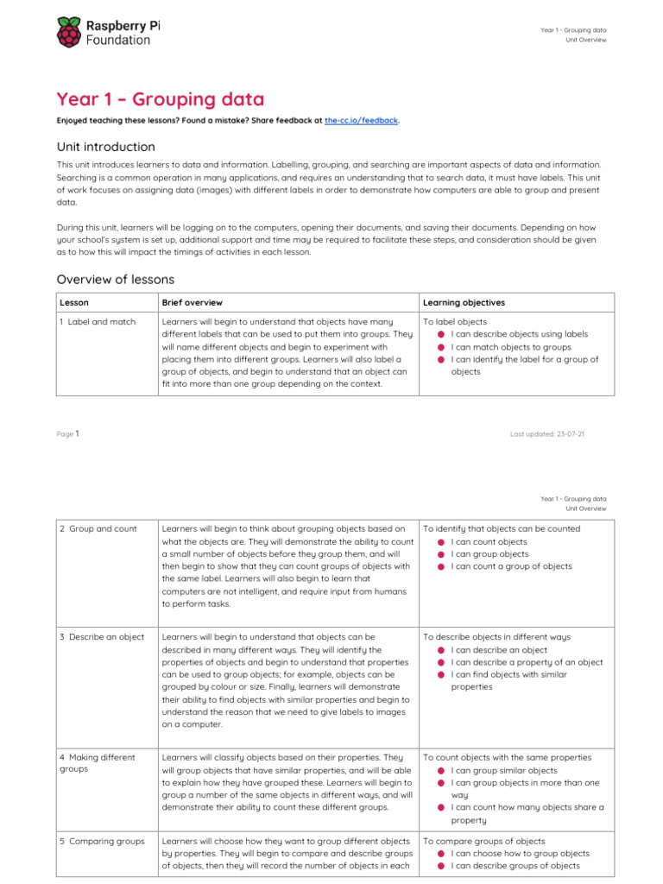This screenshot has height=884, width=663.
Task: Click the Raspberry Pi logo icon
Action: pyautogui.click(x=69, y=33)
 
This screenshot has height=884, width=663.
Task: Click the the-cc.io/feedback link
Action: pyautogui.click(x=361, y=121)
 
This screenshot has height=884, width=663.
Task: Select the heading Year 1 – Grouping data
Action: pyautogui.click(x=161, y=99)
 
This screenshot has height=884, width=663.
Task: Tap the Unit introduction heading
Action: pyautogui.click(x=105, y=147)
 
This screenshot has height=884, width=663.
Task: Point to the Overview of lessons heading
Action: pyautogui.click(x=115, y=279)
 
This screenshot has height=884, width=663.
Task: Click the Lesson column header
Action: pyautogui.click(x=73, y=303)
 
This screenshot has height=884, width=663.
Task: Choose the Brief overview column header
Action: pyautogui.click(x=192, y=303)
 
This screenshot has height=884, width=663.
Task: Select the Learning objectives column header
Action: pyautogui.click(x=464, y=303)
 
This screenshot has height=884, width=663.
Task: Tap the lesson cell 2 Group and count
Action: pyautogui.click(x=98, y=528)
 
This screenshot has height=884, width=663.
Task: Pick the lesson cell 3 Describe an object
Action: pyautogui.click(x=102, y=637)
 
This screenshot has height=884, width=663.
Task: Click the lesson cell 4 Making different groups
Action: pyautogui.click(x=97, y=763)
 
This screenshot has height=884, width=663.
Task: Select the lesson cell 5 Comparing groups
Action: pyautogui.click(x=102, y=841)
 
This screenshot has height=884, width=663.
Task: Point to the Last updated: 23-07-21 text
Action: pyautogui.click(x=547, y=434)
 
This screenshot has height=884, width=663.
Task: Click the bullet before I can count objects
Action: pyautogui.click(x=440, y=542)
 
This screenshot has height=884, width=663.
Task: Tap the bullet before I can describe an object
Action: pyautogui.click(x=440, y=651)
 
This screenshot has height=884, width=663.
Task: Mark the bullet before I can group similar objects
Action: pyautogui.click(x=440, y=771)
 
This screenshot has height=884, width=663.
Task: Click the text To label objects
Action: pyautogui.click(x=454, y=322)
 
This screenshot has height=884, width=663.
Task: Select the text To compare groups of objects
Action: pyautogui.click(x=483, y=841)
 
